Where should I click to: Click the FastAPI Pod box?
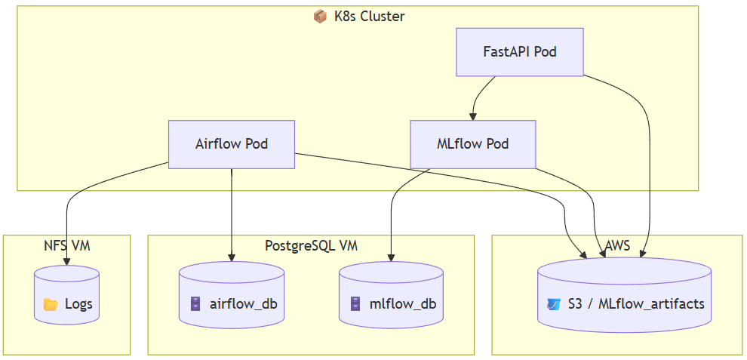pyautogui.click(x=520, y=52)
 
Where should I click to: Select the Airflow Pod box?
pyautogui.click(x=232, y=144)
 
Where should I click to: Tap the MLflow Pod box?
pyautogui.click(x=472, y=144)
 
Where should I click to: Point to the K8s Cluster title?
pyautogui.click(x=369, y=16)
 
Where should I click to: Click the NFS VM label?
pyautogui.click(x=67, y=245)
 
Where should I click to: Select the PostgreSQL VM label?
pyautogui.click(x=311, y=245)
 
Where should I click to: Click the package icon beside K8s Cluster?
pyautogui.click(x=320, y=16)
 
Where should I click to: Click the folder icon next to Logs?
pyautogui.click(x=51, y=304)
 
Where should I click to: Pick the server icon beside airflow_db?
pyautogui.click(x=195, y=304)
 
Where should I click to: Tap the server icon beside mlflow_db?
pyautogui.click(x=355, y=304)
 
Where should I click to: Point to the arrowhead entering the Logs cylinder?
pyautogui.click(x=67, y=261)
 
